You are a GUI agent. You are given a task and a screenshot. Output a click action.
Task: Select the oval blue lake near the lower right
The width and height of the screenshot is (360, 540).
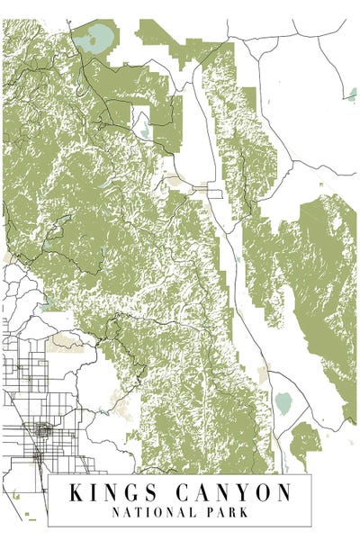(x=283, y=403)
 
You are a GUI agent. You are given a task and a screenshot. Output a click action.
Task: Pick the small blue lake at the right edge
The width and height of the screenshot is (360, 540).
(x=346, y=92)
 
